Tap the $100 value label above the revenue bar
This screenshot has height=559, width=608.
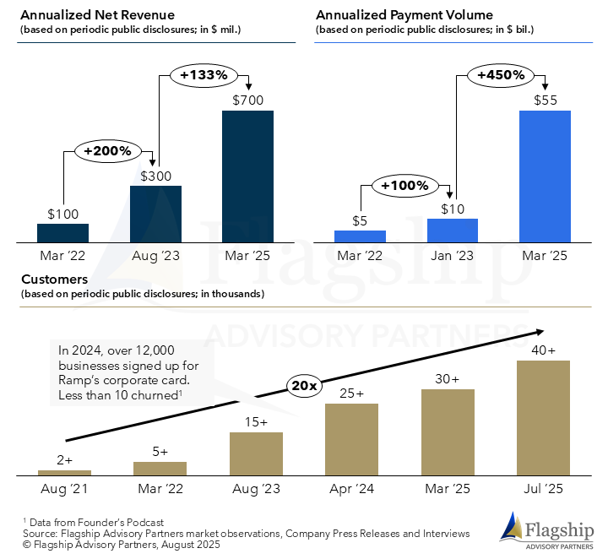[63, 214]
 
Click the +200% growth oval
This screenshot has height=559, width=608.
[108, 151]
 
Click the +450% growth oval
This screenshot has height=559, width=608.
[501, 74]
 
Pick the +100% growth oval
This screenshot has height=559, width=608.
[404, 185]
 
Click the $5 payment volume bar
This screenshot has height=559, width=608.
[361, 236]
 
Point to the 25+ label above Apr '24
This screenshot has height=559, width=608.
[351, 393]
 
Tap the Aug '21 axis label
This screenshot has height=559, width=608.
[64, 488]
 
